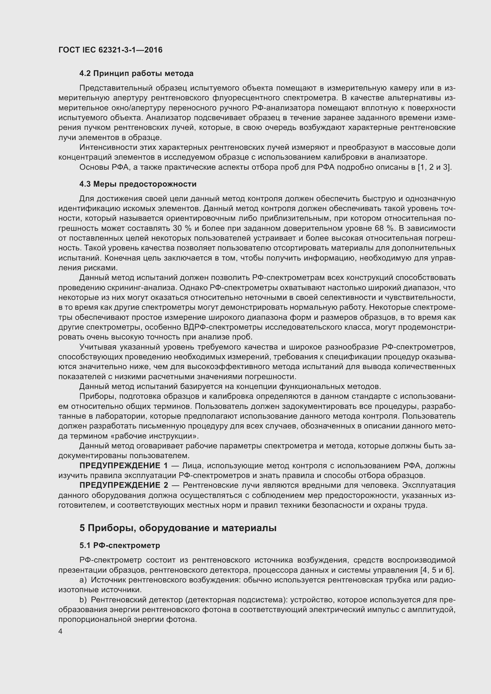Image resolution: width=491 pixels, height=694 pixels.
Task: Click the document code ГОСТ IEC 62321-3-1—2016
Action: pos(110,50)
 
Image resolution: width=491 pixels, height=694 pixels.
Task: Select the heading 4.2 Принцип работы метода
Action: pos(136,74)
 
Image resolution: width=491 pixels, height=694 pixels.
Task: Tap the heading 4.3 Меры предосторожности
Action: pos(138,184)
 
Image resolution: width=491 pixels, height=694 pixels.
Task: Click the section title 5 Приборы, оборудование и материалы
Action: pos(178,528)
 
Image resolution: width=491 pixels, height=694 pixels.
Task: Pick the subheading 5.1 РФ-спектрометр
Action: pos(120,546)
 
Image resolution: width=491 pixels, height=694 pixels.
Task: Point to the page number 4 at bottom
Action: pos(61,632)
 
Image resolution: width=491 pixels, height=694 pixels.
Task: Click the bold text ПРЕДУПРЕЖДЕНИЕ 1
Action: pos(123,466)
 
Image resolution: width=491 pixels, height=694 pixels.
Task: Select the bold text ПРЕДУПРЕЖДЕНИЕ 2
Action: pos(123,485)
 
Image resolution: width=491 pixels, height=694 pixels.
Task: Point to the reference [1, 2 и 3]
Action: pos(435,167)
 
